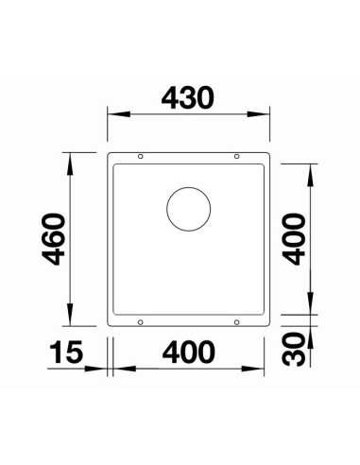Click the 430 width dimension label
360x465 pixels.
click(189, 96)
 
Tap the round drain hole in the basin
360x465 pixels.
click(188, 209)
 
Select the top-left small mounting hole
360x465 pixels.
click(141, 156)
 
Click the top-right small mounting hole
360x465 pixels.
click(236, 156)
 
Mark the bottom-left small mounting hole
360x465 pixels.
click(141, 322)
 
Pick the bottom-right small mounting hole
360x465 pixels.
click(236, 322)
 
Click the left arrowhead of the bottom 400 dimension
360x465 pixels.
click(118, 370)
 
